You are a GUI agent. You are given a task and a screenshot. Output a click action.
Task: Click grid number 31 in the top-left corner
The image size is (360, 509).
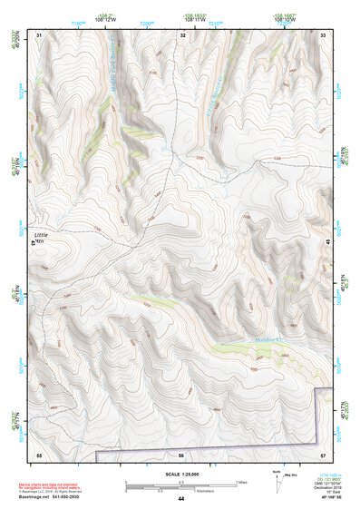tap(39, 34)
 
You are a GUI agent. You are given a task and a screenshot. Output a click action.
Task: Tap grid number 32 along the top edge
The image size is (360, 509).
tap(183, 34)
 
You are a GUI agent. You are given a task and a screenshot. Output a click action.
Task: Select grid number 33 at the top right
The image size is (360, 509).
tap(323, 34)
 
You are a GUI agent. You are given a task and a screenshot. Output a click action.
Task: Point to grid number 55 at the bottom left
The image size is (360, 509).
tap(39, 454)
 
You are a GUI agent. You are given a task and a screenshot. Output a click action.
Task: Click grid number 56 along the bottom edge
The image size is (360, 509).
tap(181, 454)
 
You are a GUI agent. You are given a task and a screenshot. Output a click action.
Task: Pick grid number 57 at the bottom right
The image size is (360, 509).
tap(323, 454)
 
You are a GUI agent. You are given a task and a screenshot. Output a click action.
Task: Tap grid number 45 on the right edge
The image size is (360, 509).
tap(326, 240)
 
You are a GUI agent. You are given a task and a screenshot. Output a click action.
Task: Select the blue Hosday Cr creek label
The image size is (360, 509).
tap(265, 338)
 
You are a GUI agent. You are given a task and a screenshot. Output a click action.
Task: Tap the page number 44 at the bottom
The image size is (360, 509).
tap(181, 500)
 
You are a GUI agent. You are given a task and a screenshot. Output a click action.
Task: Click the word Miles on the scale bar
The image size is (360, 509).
tap(241, 481)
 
